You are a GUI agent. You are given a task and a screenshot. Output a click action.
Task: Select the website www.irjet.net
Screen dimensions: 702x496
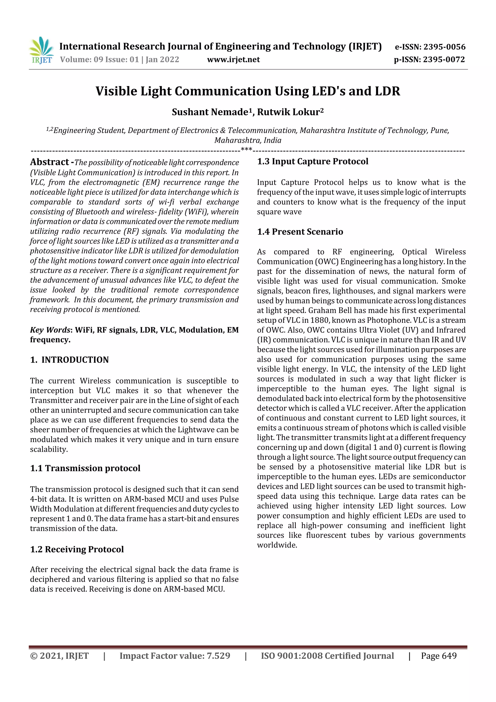(x=233, y=59)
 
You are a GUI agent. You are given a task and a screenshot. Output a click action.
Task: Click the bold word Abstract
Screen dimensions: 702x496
(x=49, y=162)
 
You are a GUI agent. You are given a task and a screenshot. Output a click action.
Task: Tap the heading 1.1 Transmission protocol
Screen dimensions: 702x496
(x=85, y=468)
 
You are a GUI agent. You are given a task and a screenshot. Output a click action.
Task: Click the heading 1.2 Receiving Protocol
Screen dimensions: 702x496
(x=77, y=549)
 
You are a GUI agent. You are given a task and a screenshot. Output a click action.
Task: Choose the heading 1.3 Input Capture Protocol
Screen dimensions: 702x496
(x=313, y=161)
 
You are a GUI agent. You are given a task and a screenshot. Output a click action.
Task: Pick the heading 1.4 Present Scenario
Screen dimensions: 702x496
(x=300, y=231)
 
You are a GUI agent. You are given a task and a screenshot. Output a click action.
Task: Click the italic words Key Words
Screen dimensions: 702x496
(x=50, y=330)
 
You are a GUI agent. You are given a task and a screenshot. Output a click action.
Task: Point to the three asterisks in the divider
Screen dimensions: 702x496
(x=246, y=150)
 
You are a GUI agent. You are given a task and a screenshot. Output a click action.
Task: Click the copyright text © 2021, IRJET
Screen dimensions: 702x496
(x=59, y=656)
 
